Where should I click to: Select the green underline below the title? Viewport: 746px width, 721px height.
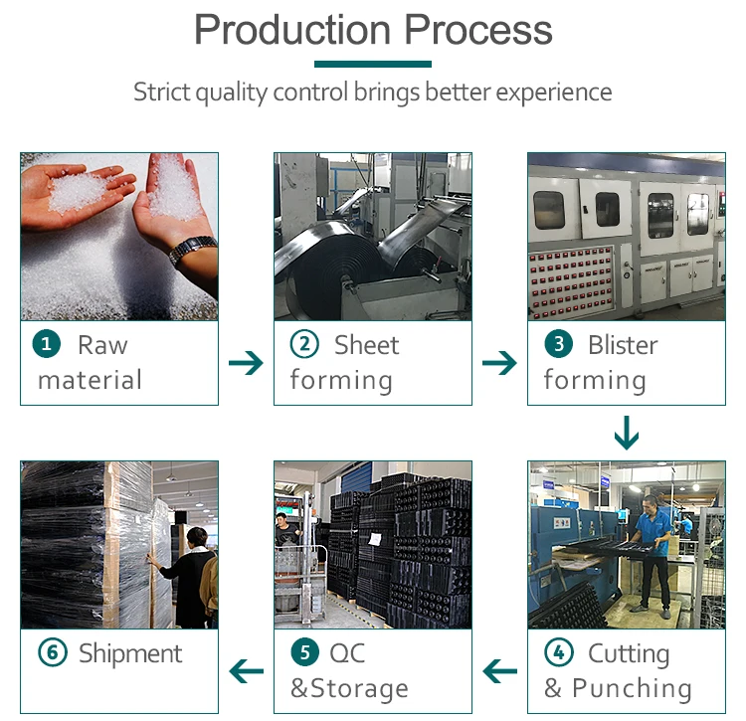[372, 64]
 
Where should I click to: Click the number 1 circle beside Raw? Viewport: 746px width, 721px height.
[47, 345]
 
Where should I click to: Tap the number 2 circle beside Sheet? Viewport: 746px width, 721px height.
[303, 345]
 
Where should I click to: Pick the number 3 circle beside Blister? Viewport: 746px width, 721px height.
[558, 345]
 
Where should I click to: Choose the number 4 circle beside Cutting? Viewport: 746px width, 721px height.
[559, 653]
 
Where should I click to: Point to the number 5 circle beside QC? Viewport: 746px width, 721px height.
[304, 653]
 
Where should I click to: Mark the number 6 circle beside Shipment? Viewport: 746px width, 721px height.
[52, 653]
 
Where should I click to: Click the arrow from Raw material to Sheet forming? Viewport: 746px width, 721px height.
[246, 363]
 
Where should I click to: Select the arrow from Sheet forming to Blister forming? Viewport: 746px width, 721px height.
[499, 363]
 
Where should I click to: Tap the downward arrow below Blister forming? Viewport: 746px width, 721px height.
[626, 433]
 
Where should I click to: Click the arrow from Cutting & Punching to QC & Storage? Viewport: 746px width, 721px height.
[499, 672]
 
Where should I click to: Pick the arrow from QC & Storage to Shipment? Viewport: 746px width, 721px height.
[246, 672]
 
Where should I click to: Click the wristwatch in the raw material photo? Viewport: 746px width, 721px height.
[192, 250]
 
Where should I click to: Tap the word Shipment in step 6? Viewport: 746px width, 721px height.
[130, 653]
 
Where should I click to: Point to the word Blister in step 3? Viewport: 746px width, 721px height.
[623, 345]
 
